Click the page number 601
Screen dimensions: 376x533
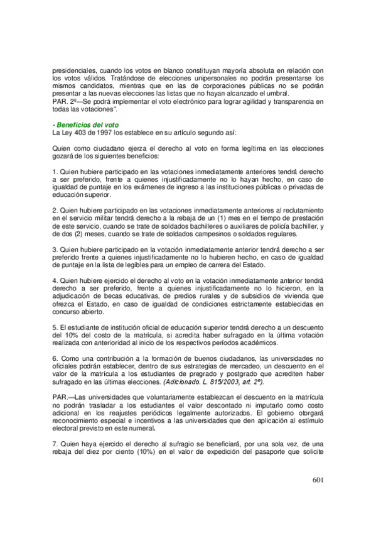[x=317, y=482]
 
